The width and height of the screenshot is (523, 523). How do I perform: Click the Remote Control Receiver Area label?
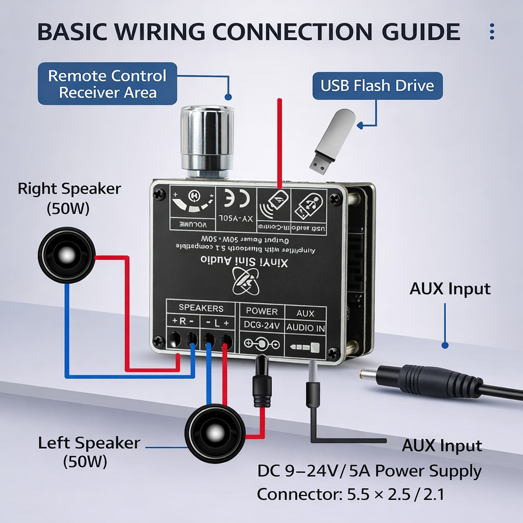pyautogui.click(x=107, y=84)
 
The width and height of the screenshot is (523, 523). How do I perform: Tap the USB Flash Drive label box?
pyautogui.click(x=377, y=85)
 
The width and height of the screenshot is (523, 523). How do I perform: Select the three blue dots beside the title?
pyautogui.click(x=492, y=32)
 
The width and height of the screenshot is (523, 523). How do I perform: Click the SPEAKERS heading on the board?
pyautogui.click(x=201, y=308)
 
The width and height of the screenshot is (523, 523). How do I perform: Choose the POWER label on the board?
pyautogui.click(x=261, y=311)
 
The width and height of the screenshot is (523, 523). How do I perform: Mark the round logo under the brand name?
pyautogui.click(x=245, y=282)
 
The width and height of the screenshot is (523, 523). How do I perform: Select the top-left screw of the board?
pyautogui.click(x=160, y=194)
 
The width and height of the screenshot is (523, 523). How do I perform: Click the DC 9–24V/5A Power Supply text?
pyautogui.click(x=369, y=471)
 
